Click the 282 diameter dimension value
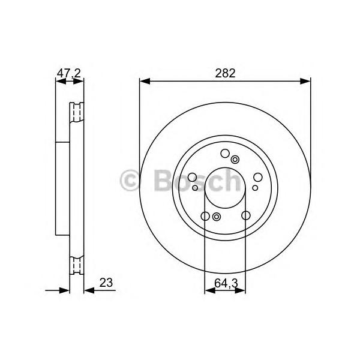click(225, 74)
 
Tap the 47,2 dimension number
click(68, 74)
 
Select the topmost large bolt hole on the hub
click(225, 153)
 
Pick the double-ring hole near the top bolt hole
click(235, 159)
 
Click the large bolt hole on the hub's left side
click(192, 177)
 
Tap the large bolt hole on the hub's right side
click(258, 177)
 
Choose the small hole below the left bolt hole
click(196, 188)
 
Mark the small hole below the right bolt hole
click(254, 188)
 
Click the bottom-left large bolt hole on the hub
click(205, 216)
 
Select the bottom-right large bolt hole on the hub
click(245, 216)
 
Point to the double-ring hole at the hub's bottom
click(217, 217)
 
